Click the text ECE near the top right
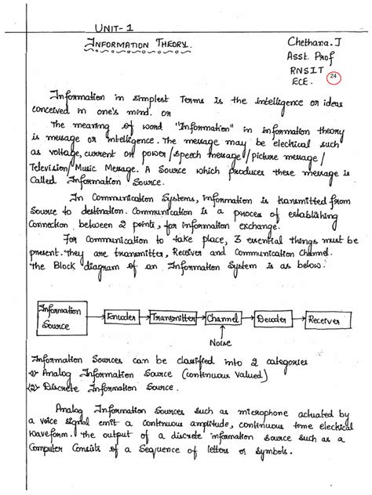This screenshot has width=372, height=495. pos(299,81)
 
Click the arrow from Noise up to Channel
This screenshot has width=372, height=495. pos(222,331)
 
